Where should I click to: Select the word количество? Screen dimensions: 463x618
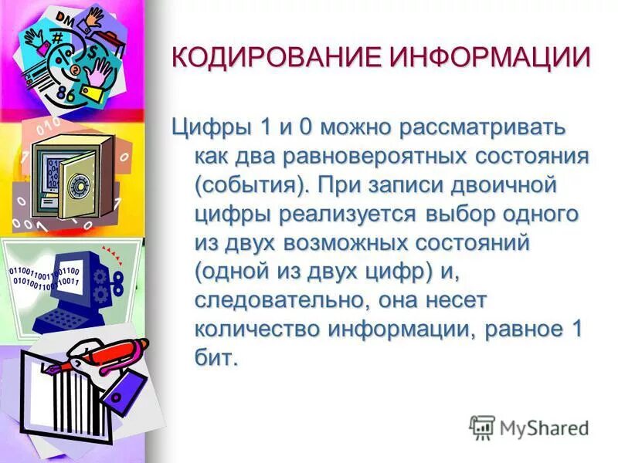tap(257, 329)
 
